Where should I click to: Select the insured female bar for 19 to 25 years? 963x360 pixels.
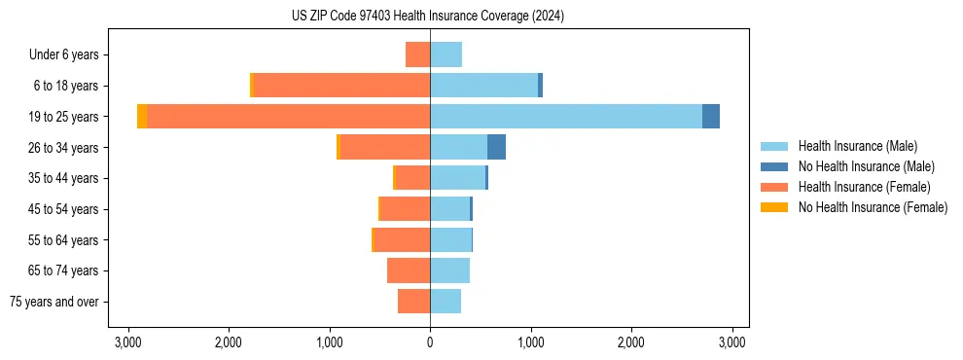click(x=288, y=117)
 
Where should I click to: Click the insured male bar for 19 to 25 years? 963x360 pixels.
click(x=566, y=117)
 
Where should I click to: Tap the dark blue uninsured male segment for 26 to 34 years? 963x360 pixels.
click(x=496, y=147)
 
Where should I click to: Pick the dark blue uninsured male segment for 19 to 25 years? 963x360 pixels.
click(x=711, y=117)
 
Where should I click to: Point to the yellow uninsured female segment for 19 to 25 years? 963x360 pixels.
click(x=142, y=117)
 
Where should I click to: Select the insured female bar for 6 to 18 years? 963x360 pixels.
click(x=341, y=86)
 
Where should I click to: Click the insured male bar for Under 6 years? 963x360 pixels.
click(x=446, y=54)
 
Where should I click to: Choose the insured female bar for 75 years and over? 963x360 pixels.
click(x=413, y=302)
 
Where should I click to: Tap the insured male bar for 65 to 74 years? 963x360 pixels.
click(x=449, y=270)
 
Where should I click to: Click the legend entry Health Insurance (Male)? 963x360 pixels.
click(x=857, y=146)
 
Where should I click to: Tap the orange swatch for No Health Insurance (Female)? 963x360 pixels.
click(x=775, y=207)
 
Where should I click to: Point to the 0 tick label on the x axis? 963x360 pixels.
click(x=430, y=342)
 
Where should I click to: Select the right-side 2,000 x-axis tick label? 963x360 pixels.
click(x=631, y=342)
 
